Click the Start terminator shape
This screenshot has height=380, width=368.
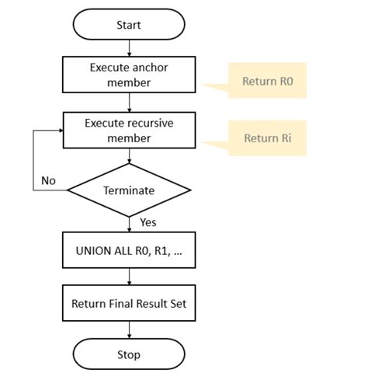[x=128, y=24]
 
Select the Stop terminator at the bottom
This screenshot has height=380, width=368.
[x=128, y=354]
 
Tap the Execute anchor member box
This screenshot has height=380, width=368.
[x=128, y=74]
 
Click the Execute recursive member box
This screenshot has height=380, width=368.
[x=128, y=131]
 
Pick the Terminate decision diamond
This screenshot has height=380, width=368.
[x=129, y=190]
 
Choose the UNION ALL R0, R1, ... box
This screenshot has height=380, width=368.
[x=128, y=251]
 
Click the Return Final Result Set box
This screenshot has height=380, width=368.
[x=128, y=304]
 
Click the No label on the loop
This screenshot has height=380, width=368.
[x=49, y=180]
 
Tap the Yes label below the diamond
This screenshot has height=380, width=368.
[x=148, y=223]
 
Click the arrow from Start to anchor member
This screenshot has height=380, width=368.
[x=129, y=48]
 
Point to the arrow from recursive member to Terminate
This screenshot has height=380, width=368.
[x=129, y=155]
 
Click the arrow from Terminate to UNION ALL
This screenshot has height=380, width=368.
[x=129, y=224]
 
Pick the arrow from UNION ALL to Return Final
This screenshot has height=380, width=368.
[x=129, y=277]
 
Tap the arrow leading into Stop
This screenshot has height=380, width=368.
[x=129, y=330]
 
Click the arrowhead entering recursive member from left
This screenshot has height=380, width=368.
[x=59, y=131]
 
